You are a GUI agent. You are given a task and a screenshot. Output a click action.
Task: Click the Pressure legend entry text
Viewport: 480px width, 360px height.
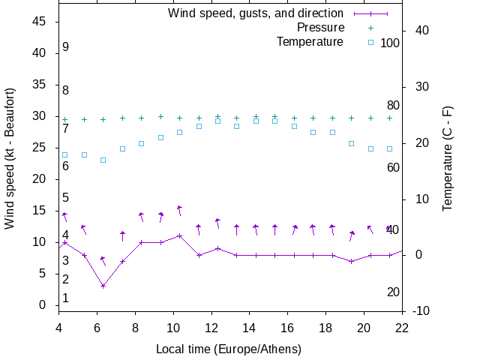coord(320,27)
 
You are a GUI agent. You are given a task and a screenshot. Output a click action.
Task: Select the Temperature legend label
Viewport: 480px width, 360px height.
coord(310,41)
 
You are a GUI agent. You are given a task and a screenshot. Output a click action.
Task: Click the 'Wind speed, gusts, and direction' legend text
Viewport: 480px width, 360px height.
coord(256,13)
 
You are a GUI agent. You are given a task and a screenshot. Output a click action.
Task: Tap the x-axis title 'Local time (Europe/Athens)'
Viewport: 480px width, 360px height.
coord(229,349)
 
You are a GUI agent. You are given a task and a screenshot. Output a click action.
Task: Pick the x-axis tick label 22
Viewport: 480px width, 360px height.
coord(402,327)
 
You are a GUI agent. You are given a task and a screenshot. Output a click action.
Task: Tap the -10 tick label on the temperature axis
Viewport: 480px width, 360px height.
coord(421,311)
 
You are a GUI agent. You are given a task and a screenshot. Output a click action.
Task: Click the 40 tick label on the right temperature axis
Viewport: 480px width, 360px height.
coord(421,31)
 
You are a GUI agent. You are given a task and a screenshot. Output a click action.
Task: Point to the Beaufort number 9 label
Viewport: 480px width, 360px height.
coord(66,47)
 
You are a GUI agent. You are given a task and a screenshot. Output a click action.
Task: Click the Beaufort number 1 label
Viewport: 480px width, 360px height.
coord(66,298)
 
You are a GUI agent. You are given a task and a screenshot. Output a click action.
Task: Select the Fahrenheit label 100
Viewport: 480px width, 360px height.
coord(390,43)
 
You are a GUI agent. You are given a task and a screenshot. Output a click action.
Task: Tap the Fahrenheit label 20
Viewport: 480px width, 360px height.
coord(393,292)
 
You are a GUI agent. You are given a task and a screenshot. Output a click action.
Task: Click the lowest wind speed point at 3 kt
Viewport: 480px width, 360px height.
coord(103,286)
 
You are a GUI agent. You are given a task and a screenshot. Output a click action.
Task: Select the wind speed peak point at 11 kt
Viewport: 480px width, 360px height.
coord(179,235)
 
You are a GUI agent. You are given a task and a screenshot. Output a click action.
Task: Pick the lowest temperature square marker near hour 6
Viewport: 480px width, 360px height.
coord(103,160)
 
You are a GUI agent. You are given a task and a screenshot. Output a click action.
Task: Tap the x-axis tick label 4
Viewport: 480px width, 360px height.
coord(58,327)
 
